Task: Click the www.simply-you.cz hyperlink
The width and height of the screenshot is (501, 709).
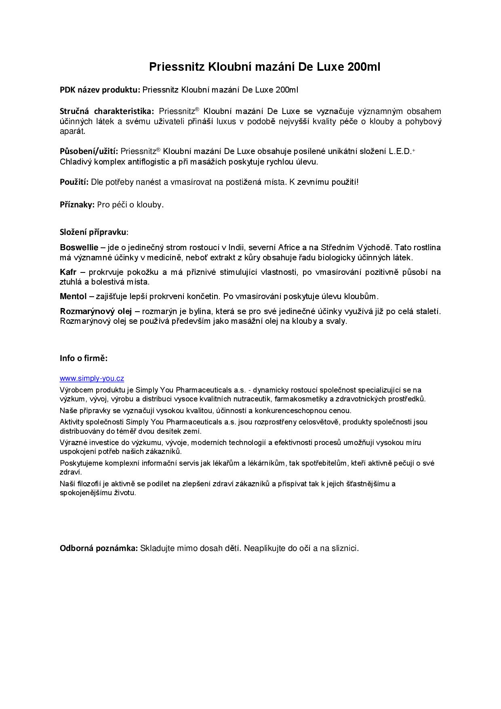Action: pyautogui.click(x=92, y=378)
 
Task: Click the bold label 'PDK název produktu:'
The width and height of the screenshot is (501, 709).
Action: pyautogui.click(x=100, y=90)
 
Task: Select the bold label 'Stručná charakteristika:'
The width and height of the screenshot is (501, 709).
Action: pyautogui.click(x=107, y=111)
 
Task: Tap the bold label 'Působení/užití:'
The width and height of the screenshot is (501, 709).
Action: pyautogui.click(x=89, y=151)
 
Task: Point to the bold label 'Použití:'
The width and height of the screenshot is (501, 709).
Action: pyautogui.click(x=74, y=182)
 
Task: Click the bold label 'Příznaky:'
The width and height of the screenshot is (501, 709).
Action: pyautogui.click(x=77, y=205)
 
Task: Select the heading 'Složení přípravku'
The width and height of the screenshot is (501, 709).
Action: pyautogui.click(x=93, y=232)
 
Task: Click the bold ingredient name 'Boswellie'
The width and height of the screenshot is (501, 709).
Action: pyautogui.click(x=79, y=247)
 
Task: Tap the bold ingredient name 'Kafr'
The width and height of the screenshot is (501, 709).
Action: pyautogui.click(x=68, y=272)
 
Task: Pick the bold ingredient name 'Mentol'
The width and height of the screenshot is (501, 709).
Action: pyautogui.click(x=73, y=296)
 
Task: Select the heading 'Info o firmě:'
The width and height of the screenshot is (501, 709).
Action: pyautogui.click(x=84, y=358)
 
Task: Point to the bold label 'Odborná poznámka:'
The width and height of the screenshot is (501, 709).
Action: pyautogui.click(x=99, y=548)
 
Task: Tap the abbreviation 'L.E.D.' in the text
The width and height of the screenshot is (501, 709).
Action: pyautogui.click(x=400, y=151)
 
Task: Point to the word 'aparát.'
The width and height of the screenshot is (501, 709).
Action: pyautogui.click(x=73, y=131)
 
